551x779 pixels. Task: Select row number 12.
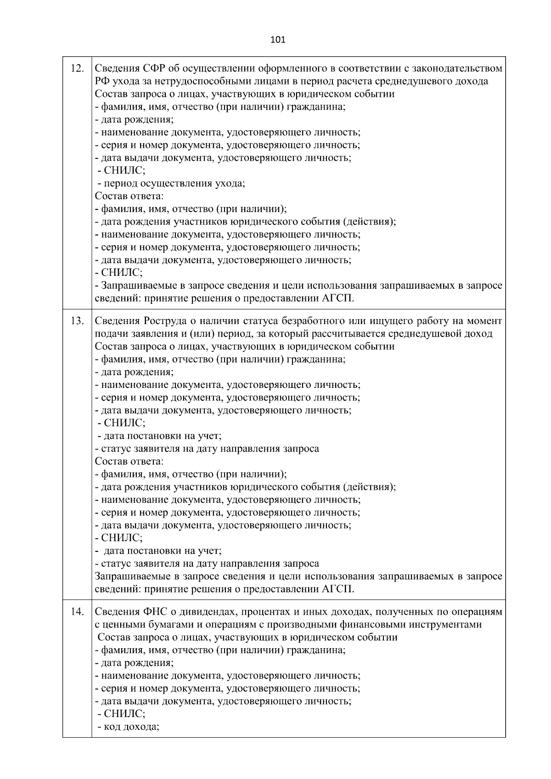[77, 69]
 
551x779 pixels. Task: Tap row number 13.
[77, 321]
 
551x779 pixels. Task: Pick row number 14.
[77, 612]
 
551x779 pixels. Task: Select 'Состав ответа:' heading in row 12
[129, 196]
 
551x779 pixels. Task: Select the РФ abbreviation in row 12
[101, 82]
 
